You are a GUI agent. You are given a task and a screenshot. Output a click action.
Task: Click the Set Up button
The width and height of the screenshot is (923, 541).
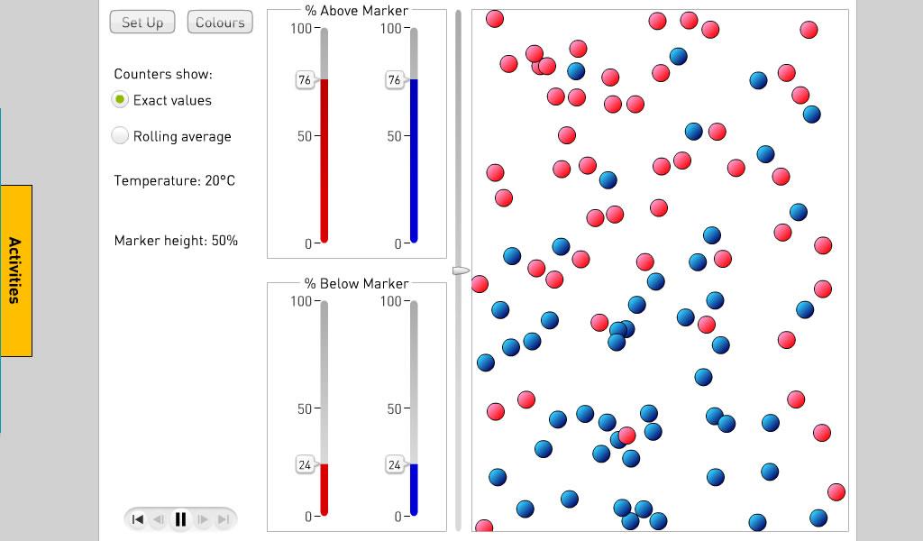(x=142, y=23)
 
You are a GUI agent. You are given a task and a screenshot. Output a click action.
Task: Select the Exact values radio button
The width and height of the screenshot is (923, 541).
(x=120, y=100)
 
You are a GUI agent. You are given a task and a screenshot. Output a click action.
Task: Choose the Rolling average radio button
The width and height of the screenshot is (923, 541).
(x=120, y=136)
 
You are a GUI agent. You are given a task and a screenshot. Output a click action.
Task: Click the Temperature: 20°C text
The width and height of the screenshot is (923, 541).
(x=174, y=180)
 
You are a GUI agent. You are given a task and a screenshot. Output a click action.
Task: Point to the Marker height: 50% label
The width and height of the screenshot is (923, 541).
(x=176, y=241)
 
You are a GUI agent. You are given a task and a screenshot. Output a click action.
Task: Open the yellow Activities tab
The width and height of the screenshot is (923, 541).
(x=16, y=270)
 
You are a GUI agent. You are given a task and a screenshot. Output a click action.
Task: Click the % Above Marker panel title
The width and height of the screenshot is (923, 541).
(x=356, y=11)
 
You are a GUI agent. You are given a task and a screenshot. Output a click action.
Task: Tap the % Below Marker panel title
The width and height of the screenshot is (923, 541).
(x=356, y=284)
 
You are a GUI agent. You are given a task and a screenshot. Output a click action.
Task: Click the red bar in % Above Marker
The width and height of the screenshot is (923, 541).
(x=324, y=162)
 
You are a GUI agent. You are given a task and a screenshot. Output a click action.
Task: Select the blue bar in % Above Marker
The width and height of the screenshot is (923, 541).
(x=414, y=162)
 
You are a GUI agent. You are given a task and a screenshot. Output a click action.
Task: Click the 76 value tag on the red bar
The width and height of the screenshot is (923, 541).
(x=305, y=80)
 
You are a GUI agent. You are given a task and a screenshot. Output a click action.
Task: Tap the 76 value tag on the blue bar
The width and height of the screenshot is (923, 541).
(x=394, y=80)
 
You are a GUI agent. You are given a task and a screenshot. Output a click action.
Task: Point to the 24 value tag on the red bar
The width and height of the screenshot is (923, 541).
(x=305, y=465)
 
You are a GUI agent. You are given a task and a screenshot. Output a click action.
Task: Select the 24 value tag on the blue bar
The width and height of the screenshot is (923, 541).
(x=394, y=465)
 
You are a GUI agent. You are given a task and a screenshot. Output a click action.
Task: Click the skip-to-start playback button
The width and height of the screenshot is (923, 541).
(x=138, y=519)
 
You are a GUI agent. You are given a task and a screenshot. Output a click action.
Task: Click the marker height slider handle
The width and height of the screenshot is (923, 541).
(x=461, y=270)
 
